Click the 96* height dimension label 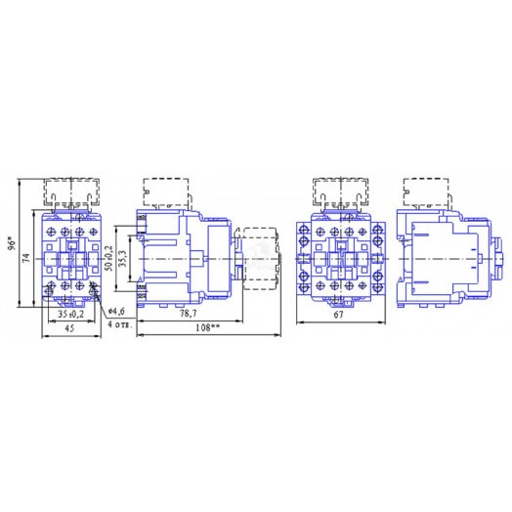[x=13, y=244]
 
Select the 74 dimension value [x=27, y=258]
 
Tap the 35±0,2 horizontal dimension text [x=71, y=314]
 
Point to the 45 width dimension [x=69, y=328]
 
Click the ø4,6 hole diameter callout [x=116, y=311]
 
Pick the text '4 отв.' [x=120, y=325]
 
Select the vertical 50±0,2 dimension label [x=109, y=258]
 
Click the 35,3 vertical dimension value [x=122, y=258]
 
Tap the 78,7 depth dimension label [x=189, y=314]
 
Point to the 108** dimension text [x=208, y=327]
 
